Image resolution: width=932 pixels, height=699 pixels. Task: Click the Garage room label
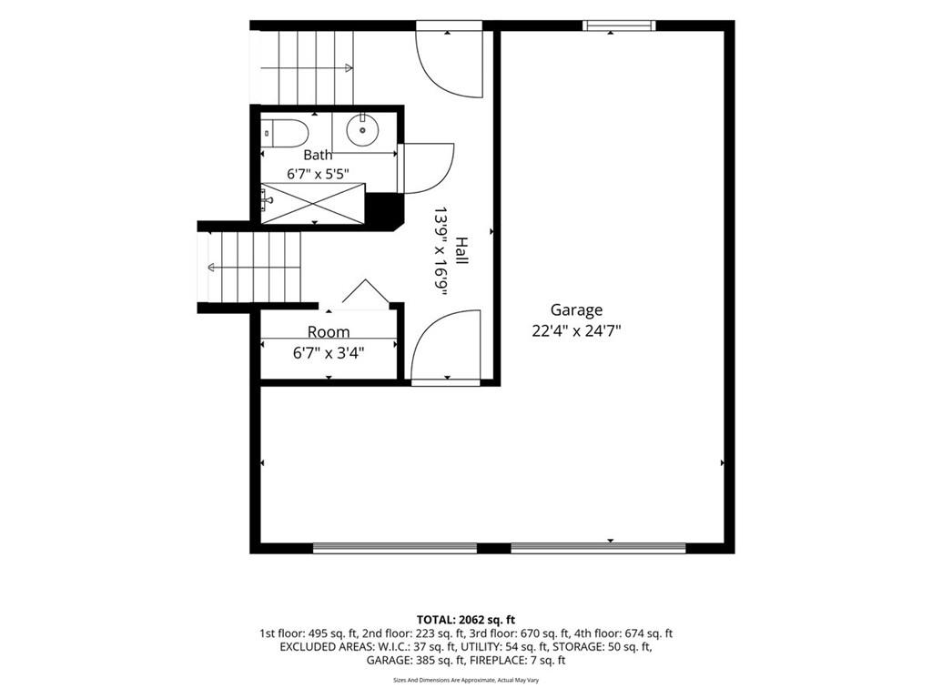[576, 310]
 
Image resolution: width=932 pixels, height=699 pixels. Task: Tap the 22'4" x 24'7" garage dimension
[576, 331]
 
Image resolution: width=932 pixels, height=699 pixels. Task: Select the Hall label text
[461, 251]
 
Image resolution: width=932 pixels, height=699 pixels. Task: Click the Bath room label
[318, 155]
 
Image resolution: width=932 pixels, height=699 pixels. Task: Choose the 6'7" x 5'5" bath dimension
[318, 174]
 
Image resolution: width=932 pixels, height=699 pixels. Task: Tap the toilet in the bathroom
[285, 133]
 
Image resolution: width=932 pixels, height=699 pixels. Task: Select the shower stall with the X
[313, 204]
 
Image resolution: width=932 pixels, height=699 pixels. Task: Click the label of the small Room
[328, 331]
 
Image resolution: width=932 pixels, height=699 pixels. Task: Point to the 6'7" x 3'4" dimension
[328, 353]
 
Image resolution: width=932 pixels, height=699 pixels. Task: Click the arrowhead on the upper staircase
[349, 68]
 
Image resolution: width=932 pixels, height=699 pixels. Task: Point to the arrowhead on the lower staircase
[211, 268]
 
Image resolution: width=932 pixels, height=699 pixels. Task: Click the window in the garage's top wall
[618, 25]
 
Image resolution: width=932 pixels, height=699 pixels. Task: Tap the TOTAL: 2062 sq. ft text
[466, 620]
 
